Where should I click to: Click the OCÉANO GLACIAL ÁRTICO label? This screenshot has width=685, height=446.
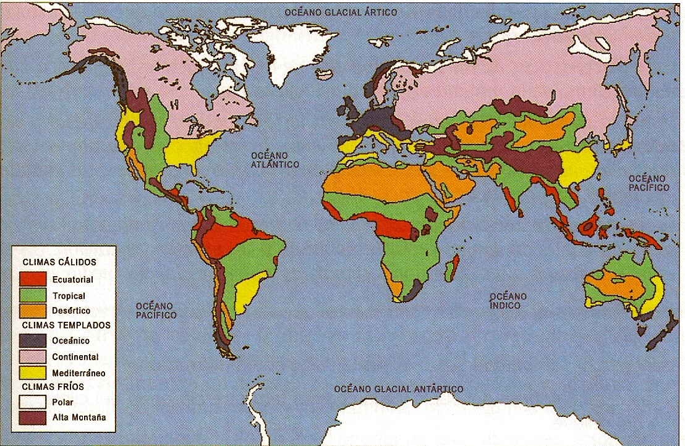(340, 12)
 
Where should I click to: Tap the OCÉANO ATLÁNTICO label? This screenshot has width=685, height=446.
(274, 159)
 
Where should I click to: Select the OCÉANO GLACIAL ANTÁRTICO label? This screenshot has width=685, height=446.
(398, 389)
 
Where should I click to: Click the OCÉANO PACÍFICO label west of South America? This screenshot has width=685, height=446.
(156, 310)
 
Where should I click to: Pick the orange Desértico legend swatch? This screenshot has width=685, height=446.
(32, 311)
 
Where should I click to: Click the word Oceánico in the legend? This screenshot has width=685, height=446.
(70, 341)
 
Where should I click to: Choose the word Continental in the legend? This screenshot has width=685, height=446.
(75, 357)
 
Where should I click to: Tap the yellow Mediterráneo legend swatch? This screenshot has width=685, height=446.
(32, 372)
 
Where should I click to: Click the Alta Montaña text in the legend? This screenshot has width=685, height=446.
(79, 417)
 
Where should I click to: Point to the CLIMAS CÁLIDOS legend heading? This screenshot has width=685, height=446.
(59, 262)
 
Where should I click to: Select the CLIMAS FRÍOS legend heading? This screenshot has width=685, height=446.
(53, 387)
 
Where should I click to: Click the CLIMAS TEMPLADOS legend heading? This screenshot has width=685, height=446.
(66, 325)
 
